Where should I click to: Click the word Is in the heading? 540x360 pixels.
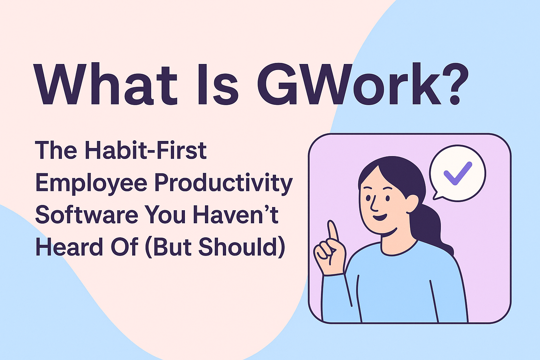(218, 84)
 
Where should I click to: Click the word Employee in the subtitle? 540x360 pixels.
(91, 183)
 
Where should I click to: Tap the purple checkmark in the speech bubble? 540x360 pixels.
(457, 173)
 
